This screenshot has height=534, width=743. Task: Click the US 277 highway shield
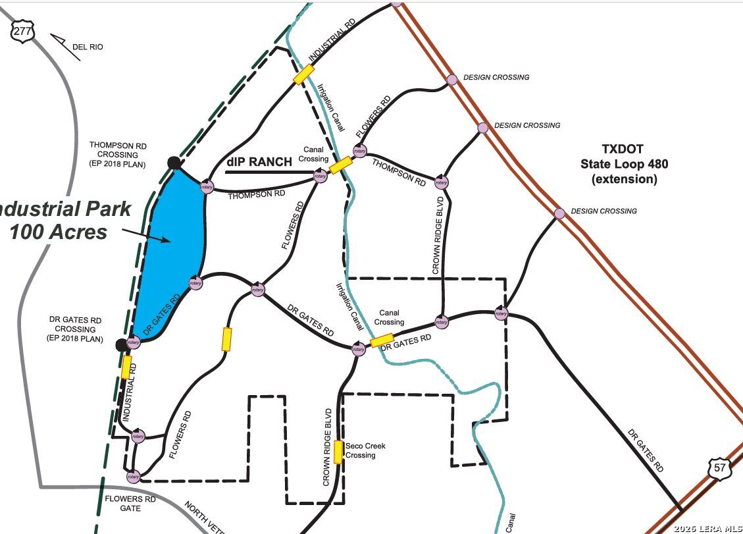pos(23,30)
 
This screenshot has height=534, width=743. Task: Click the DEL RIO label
pos(88,47)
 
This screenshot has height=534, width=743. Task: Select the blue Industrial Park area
pos(172,251)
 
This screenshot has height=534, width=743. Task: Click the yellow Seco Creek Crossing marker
pos(338,452)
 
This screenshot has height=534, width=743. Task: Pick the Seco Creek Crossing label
pos(365,450)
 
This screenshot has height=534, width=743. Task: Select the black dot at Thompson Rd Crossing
pos(174,163)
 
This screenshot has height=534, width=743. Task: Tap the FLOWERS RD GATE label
pos(130,504)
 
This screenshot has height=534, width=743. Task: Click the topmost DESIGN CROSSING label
pos(496,77)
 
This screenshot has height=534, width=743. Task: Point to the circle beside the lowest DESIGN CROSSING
pos(559,213)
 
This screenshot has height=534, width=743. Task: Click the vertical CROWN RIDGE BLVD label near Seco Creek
pos(327,447)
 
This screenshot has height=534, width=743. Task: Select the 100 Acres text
pos(58,232)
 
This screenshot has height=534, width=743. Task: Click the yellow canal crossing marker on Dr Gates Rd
pos(382,341)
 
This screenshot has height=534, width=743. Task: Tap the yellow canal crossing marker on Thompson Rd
pos(341,165)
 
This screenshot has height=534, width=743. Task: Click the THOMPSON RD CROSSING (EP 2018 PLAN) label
pos(118,155)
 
